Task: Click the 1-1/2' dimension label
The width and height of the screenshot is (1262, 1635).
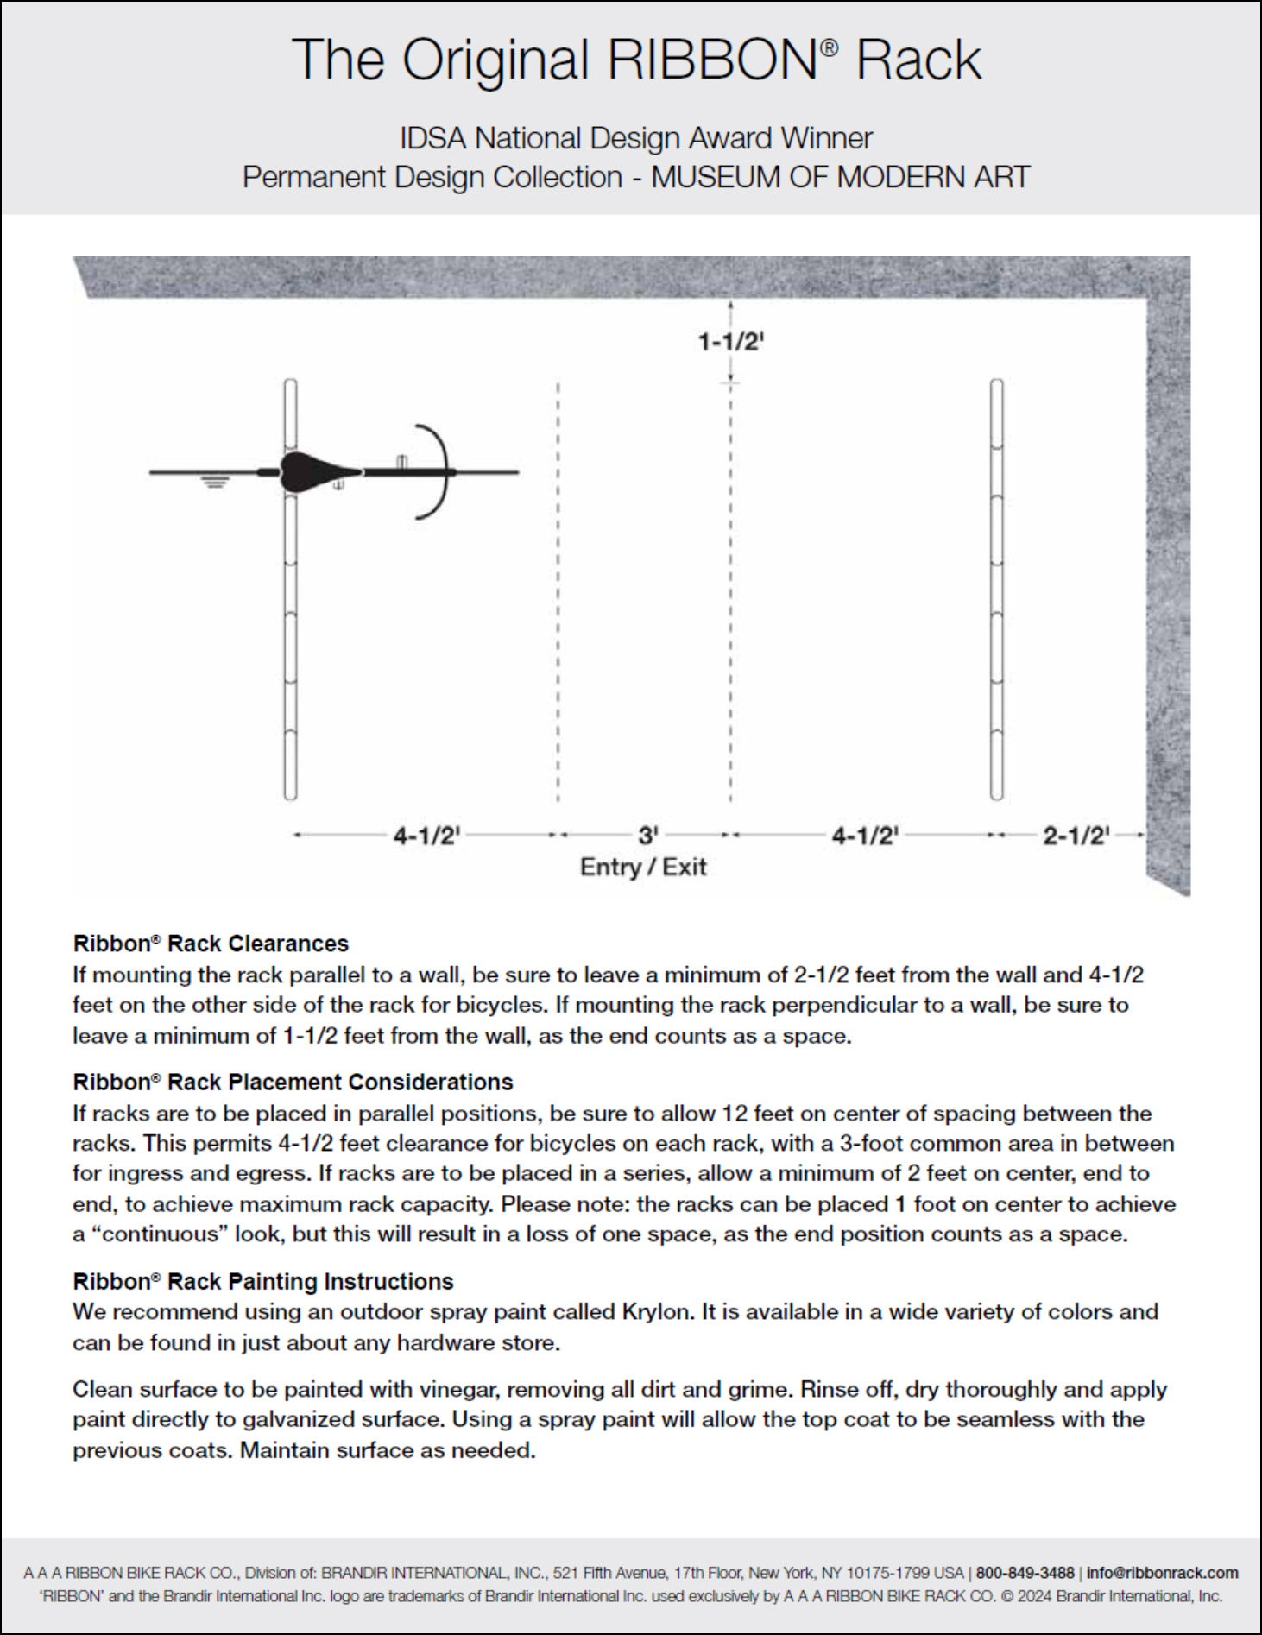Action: pos(731,342)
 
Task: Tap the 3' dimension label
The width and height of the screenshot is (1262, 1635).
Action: pos(648,835)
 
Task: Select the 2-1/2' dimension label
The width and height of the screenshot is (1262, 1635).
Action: pos(1076,835)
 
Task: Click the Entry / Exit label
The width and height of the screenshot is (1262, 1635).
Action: pos(643,867)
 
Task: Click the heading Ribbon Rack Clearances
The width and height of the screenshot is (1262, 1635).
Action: pos(211,943)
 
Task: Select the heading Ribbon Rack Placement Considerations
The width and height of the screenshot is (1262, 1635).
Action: pos(293,1082)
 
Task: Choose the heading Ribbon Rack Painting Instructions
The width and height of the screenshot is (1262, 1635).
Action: pos(263,1281)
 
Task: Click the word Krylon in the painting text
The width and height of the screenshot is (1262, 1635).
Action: pos(657,1311)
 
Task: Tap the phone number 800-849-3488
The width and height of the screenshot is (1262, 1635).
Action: pos(1025,1573)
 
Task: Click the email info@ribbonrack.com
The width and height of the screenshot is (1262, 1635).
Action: pos(1162,1573)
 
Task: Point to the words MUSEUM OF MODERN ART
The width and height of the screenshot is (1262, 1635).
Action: pos(840,177)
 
